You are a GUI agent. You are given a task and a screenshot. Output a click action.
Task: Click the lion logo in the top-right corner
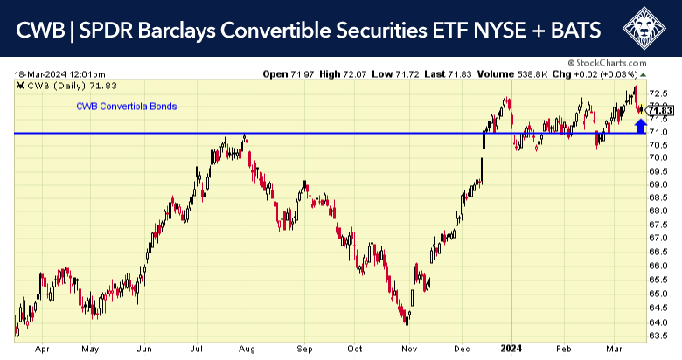[646, 30]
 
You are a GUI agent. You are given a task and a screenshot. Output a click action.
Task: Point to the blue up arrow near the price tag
[641, 124]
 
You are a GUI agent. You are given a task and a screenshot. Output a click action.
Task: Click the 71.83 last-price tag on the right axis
[660, 110]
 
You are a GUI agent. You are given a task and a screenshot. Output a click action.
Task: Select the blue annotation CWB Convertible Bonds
[127, 107]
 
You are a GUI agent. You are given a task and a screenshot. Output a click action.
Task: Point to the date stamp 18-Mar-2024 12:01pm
[59, 74]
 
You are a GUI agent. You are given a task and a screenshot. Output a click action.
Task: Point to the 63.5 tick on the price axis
[660, 335]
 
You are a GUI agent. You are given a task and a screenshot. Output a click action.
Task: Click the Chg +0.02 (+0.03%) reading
[598, 74]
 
